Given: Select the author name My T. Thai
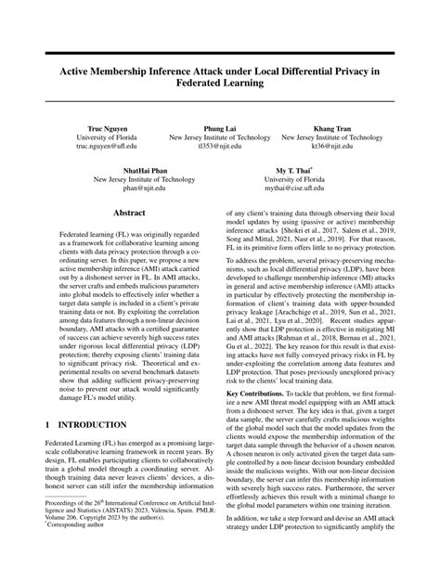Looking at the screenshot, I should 294,171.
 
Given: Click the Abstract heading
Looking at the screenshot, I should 129,213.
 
